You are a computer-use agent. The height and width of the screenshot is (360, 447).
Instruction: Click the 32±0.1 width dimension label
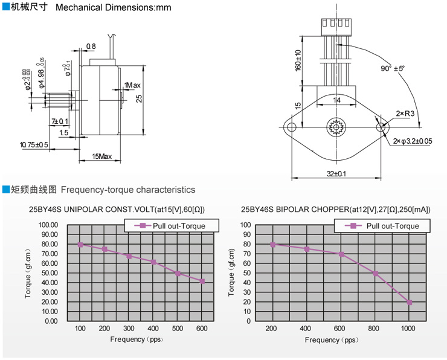click(x=336, y=174)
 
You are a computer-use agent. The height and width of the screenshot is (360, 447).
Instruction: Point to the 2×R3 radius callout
click(x=405, y=113)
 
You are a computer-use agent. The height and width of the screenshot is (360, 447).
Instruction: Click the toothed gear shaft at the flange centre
click(x=336, y=127)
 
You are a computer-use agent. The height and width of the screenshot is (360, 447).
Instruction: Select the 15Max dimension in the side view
click(x=101, y=157)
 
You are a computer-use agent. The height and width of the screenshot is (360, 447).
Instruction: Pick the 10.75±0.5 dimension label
click(x=34, y=144)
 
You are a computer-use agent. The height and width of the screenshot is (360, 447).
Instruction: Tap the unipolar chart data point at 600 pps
click(x=202, y=281)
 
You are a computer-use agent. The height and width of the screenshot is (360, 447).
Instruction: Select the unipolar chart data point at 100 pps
click(x=80, y=245)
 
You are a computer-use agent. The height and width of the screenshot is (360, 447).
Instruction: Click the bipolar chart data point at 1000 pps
click(x=409, y=303)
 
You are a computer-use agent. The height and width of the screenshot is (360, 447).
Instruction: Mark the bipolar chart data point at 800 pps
click(x=375, y=274)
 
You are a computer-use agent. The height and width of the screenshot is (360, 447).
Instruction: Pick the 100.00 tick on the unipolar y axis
click(x=48, y=225)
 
